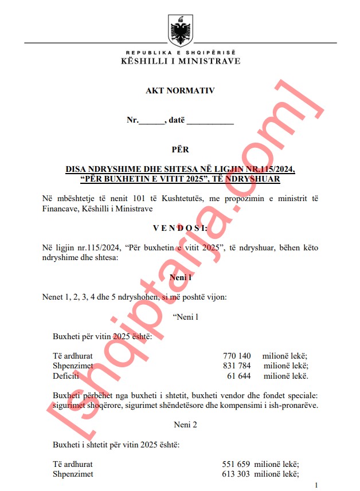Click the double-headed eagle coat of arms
pyautogui.click(x=180, y=30)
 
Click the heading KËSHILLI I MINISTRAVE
pyautogui.click(x=180, y=61)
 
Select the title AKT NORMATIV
pyautogui.click(x=180, y=91)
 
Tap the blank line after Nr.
pyautogui.click(x=152, y=121)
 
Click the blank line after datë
pyautogui.click(x=210, y=121)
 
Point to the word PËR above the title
pyautogui.click(x=180, y=150)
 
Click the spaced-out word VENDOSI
pyautogui.click(x=180, y=227)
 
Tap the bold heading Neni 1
pyautogui.click(x=180, y=277)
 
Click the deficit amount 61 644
pyautogui.click(x=240, y=376)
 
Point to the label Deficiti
pyautogui.click(x=66, y=376)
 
